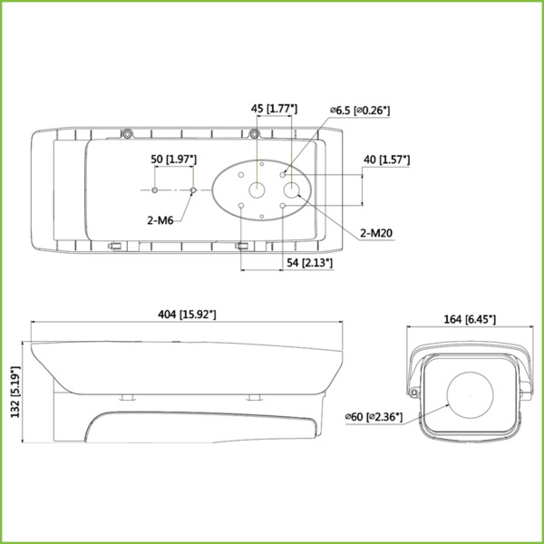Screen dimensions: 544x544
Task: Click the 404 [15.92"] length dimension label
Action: point(187,314)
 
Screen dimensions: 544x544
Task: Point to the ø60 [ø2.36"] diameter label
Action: point(380,416)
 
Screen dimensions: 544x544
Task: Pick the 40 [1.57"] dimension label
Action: point(385,160)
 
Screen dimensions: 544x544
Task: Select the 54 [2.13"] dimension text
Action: point(308,263)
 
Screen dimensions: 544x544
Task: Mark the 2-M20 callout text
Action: point(376,233)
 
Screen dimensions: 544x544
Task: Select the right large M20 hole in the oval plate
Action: point(293,190)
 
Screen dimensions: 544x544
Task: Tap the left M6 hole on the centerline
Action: point(155,190)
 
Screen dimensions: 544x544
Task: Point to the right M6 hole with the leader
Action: point(194,190)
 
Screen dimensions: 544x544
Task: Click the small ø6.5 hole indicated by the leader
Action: point(284,173)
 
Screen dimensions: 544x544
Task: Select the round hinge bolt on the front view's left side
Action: point(414,393)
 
